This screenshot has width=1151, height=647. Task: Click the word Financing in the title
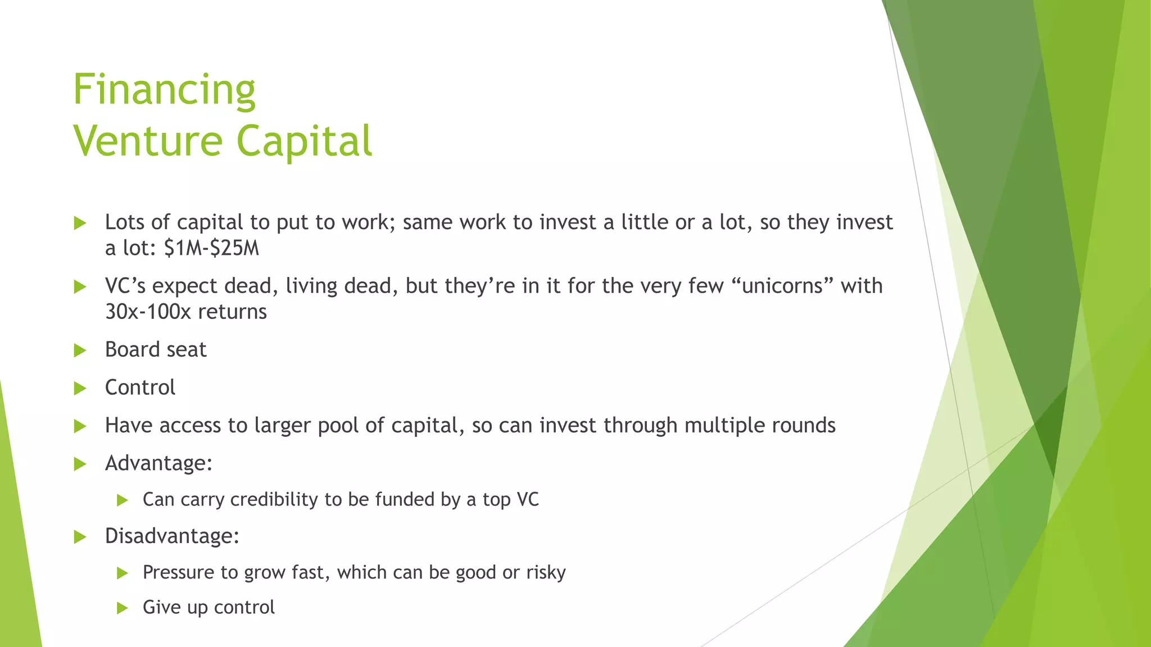[164, 90]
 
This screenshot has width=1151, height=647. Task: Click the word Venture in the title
[148, 140]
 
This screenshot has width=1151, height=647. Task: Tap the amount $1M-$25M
[211, 248]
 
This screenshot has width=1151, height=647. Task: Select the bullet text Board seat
[156, 350]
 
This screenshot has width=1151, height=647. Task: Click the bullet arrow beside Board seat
[80, 350]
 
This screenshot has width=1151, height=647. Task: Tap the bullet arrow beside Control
[80, 388]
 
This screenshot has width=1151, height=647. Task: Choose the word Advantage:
[158, 463]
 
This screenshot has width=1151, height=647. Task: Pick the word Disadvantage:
[172, 536]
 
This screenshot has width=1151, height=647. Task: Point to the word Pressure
[179, 572]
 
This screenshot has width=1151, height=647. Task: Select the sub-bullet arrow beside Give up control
[122, 608]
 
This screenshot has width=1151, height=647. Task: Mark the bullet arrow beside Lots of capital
[80, 223]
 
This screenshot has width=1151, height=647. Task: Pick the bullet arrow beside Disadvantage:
[80, 537]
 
